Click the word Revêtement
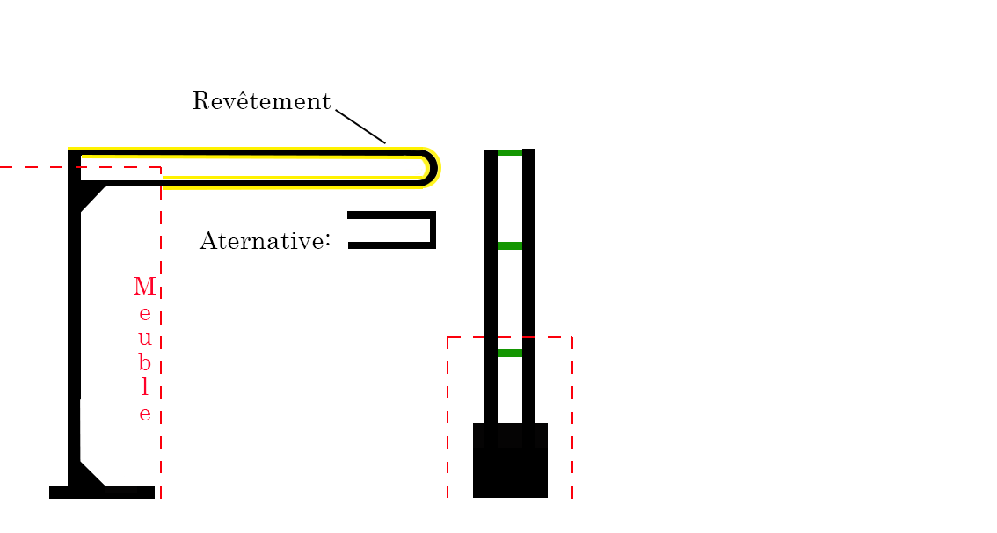[x=261, y=102]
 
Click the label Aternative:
[x=265, y=241]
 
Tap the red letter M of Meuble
[x=144, y=288]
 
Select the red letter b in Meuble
[x=145, y=362]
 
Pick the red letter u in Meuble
[x=145, y=338]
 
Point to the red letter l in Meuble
[x=145, y=387]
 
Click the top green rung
[x=510, y=153]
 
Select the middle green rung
[x=510, y=245]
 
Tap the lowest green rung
[x=510, y=353]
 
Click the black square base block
[x=510, y=466]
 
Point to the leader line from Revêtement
[x=360, y=127]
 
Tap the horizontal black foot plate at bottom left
[x=102, y=492]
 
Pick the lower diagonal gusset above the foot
[x=89, y=472]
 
